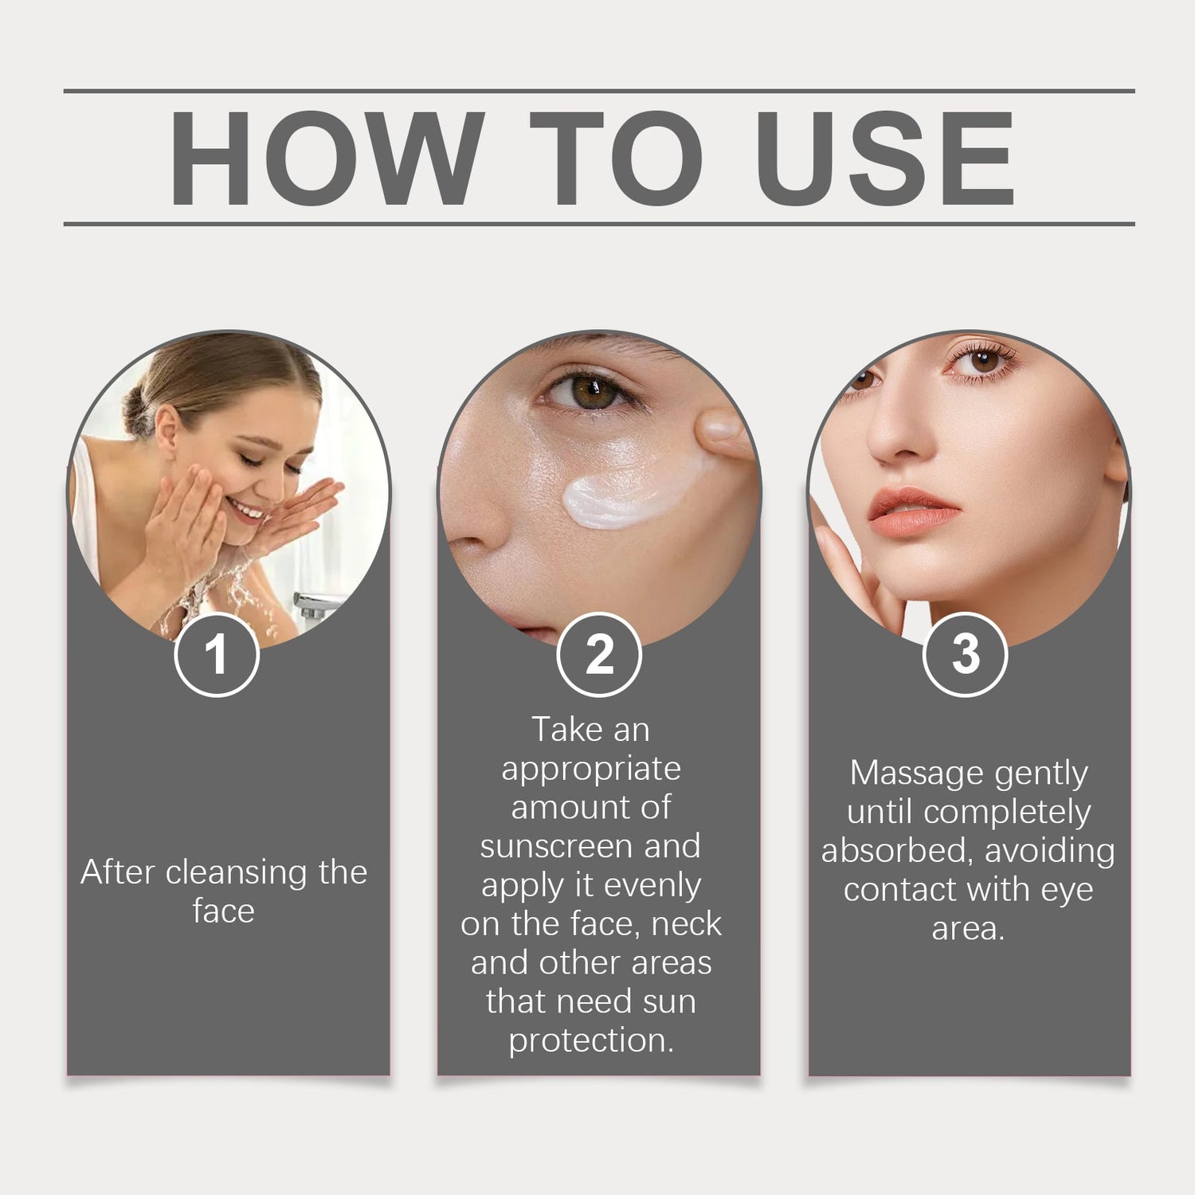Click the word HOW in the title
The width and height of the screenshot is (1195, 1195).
327,158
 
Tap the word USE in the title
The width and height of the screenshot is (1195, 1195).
884,158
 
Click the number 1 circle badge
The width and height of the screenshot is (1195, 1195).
217,655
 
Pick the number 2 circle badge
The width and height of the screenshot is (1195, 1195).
599,655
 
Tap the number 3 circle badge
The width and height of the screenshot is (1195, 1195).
966,655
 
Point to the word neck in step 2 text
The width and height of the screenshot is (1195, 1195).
687,924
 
